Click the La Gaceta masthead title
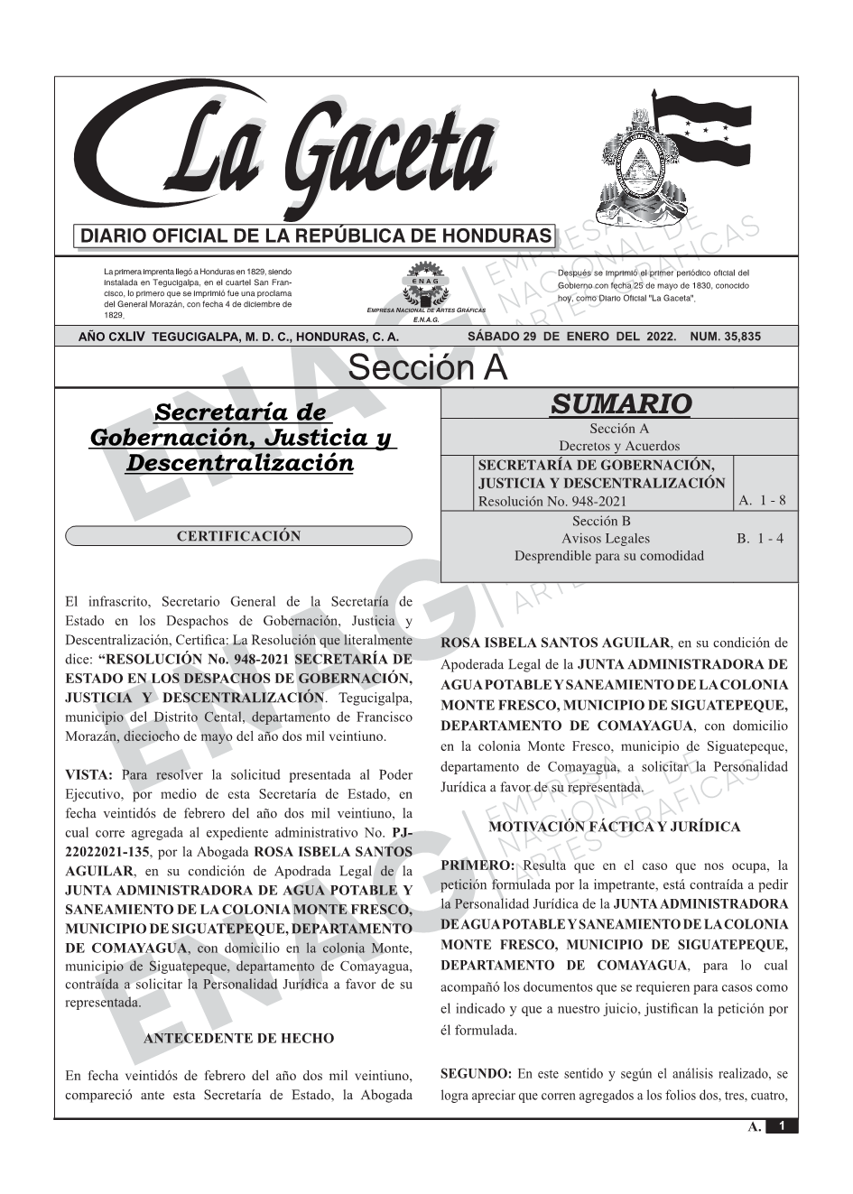point(298,153)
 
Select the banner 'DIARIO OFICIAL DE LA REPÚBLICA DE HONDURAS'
point(316,236)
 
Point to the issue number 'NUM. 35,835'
point(725,337)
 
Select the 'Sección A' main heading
point(427,368)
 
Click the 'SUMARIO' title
point(620,403)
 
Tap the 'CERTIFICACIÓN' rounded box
point(238,536)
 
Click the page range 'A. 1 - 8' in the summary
point(762,501)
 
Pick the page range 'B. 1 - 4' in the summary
point(760,539)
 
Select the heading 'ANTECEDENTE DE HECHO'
point(238,1039)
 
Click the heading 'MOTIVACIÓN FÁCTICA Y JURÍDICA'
point(614,827)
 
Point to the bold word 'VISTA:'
point(89,774)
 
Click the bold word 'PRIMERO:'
point(477,865)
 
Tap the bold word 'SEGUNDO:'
point(476,1074)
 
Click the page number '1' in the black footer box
point(782,1126)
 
